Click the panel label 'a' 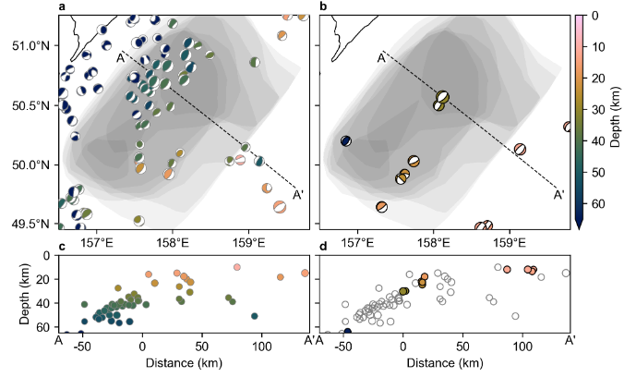coord(62,7)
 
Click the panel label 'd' coord(321,247)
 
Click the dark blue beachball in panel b coord(346,140)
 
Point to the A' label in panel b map coord(558,194)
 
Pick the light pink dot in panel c coord(237,267)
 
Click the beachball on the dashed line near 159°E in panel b coord(520,149)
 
